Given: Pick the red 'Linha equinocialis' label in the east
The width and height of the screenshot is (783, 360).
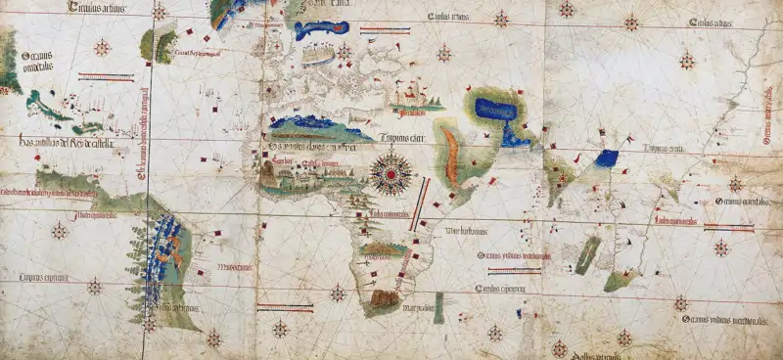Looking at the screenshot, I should pos(674,221).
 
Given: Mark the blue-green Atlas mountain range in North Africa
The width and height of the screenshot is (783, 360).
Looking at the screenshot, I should pos(313,125).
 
